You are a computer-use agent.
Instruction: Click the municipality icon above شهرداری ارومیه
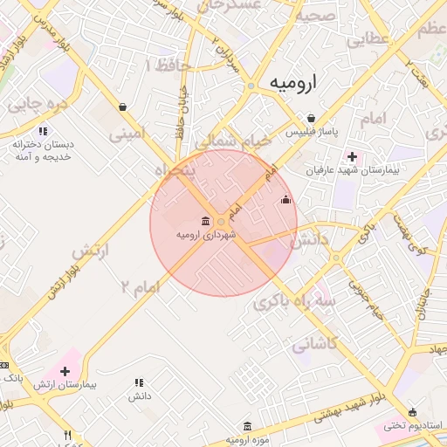(x=205, y=220)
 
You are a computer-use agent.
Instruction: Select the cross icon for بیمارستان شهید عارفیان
(x=352, y=157)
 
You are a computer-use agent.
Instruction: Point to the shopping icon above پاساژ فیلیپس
(x=311, y=118)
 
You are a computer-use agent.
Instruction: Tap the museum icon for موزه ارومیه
(x=248, y=426)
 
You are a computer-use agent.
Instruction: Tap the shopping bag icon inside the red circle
(x=285, y=200)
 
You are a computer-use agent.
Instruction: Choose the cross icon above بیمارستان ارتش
(x=65, y=371)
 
